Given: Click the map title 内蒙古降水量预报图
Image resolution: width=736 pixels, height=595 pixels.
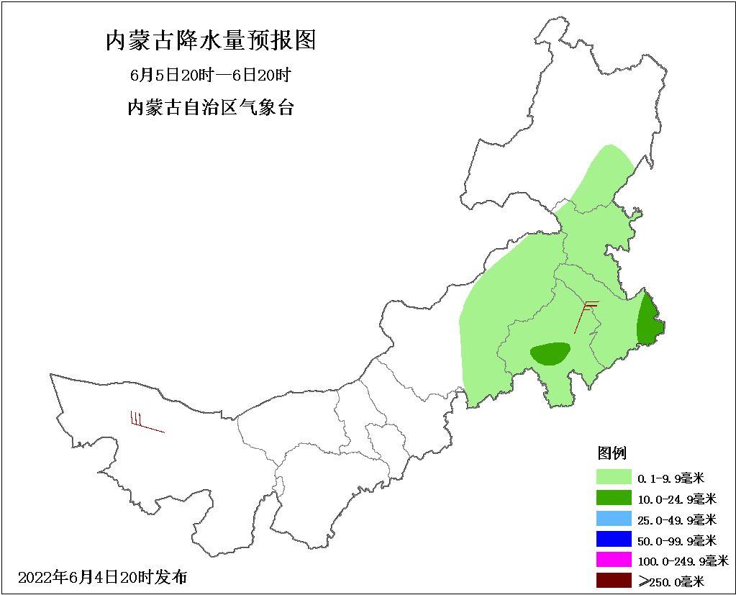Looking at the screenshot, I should click(x=211, y=40).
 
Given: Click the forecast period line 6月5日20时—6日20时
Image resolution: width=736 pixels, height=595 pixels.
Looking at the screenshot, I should click(x=211, y=75).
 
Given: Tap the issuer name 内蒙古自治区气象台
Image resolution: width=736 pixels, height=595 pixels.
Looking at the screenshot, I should click(x=211, y=108).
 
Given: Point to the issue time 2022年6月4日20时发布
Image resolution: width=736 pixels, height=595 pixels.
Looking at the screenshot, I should click(x=102, y=576).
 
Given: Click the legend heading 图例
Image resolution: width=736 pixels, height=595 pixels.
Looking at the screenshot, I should click(x=612, y=453).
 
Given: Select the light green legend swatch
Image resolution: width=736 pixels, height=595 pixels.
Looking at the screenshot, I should click(x=612, y=477).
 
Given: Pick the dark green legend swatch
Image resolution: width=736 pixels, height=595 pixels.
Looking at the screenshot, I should click(x=612, y=498).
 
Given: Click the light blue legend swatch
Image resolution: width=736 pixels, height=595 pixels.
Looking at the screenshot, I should click(x=612, y=519).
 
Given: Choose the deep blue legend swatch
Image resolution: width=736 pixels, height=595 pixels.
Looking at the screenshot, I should click(x=612, y=539).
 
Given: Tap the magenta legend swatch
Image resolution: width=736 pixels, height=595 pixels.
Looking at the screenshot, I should click(x=612, y=560).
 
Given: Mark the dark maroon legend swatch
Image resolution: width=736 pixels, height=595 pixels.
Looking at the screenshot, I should click(x=612, y=580).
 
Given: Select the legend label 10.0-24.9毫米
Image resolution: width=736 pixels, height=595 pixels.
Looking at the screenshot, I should click(x=677, y=499).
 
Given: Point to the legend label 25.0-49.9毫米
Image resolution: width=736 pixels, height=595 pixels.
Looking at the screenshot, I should click(x=677, y=519).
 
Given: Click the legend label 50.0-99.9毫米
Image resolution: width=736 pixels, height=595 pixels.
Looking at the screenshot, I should click(x=677, y=540).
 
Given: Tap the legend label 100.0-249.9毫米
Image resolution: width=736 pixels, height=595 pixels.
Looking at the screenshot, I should click(x=683, y=560).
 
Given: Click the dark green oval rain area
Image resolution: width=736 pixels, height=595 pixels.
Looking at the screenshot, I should click(x=550, y=353).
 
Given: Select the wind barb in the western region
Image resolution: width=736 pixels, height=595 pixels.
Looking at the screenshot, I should click(x=146, y=424).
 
